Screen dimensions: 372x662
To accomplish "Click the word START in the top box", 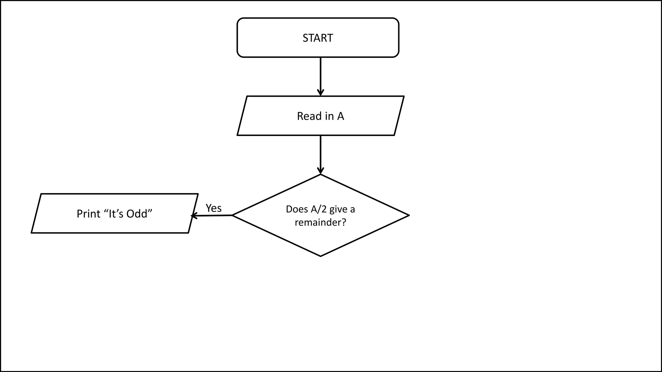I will pyautogui.click(x=317, y=38).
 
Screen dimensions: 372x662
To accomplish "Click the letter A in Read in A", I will pyautogui.click(x=340, y=116).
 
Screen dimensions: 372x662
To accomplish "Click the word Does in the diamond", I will pyautogui.click(x=297, y=209).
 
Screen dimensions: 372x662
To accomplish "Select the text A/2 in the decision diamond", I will pyautogui.click(x=319, y=209).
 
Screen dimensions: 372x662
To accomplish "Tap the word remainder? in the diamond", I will pyautogui.click(x=320, y=222).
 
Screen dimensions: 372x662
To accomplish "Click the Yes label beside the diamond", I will pyautogui.click(x=214, y=208).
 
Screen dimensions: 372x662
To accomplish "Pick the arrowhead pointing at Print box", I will pyautogui.click(x=193, y=216).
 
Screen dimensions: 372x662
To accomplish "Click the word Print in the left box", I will pyautogui.click(x=88, y=214).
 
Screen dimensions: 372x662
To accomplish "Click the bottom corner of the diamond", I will pyautogui.click(x=320, y=256).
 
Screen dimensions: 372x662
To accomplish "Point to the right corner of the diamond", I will pyautogui.click(x=409, y=215).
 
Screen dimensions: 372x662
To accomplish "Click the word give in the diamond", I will pyautogui.click(x=338, y=209).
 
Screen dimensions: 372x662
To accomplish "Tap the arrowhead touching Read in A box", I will pyautogui.click(x=320, y=93).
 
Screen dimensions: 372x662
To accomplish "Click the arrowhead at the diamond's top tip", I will pyautogui.click(x=320, y=171).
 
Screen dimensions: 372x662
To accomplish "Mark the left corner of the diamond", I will pyautogui.click(x=233, y=215).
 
